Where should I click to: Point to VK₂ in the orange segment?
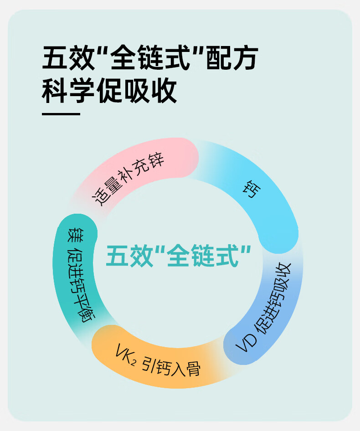pyautogui.click(x=125, y=353)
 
